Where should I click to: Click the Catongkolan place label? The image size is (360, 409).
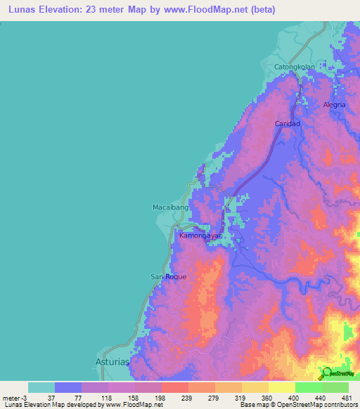[x=294, y=67]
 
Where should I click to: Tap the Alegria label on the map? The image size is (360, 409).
[x=335, y=105]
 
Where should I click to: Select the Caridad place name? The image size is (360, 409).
[x=287, y=124]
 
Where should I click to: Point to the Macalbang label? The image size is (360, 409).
[x=171, y=208]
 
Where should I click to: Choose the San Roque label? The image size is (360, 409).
[x=169, y=277]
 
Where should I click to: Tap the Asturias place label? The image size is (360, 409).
[x=113, y=363]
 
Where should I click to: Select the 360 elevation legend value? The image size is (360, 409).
[x=268, y=397]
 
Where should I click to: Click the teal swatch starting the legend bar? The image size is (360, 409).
[x=41, y=387]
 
